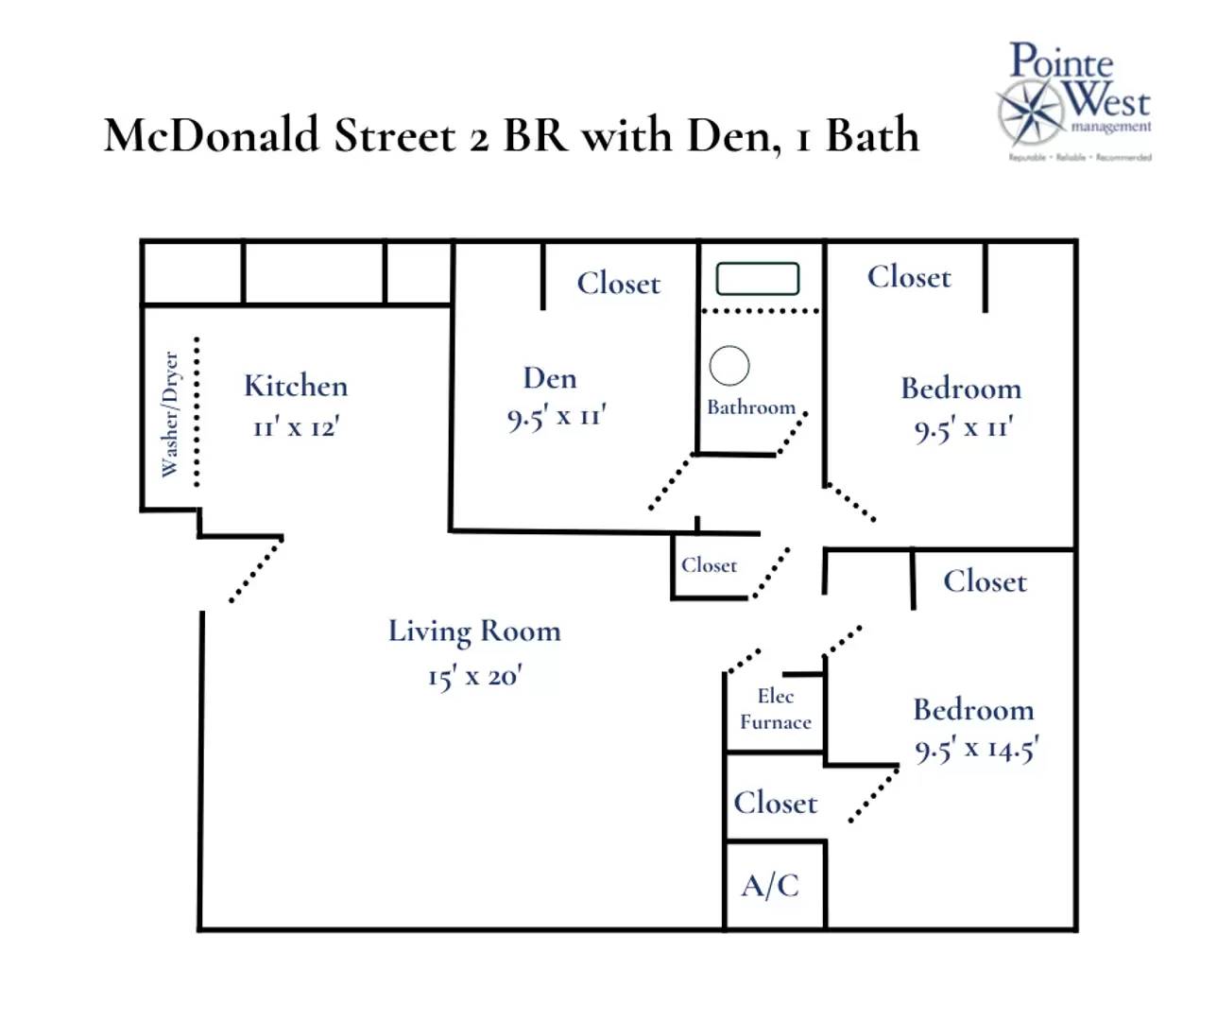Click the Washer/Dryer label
[170, 414]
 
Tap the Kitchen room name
[296, 386]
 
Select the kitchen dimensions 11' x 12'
[296, 427]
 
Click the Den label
[550, 378]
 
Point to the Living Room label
[474, 631]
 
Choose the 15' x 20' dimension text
[474, 676]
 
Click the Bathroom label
[751, 407]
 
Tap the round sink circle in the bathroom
[729, 366]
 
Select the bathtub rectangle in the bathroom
[757, 279]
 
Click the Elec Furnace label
[776, 709]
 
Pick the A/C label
[770, 886]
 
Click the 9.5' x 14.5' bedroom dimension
[976, 750]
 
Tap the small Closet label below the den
[709, 565]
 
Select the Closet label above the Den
[619, 283]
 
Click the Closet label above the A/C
[776, 803]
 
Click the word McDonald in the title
[212, 135]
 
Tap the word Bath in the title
[872, 135]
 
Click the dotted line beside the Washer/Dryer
[197, 412]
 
